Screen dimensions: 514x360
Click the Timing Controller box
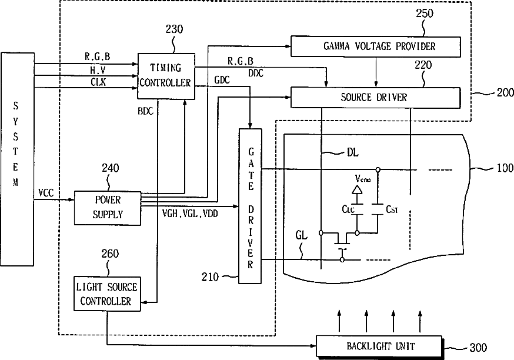[x=166, y=76]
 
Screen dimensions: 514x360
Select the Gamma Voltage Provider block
[x=376, y=46]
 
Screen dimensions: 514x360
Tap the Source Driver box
[x=376, y=98]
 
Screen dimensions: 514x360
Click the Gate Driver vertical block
[x=250, y=206]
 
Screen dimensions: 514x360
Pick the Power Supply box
[x=108, y=208]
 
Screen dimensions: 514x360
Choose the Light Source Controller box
[x=107, y=294]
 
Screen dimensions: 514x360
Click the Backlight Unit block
[x=379, y=346]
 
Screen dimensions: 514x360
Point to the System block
[x=18, y=159]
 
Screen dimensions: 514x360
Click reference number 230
[x=174, y=29]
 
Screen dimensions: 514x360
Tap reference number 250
[x=425, y=14]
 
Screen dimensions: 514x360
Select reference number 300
[x=478, y=348]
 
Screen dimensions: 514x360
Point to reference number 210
[x=210, y=278]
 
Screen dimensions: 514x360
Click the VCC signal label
[x=46, y=193]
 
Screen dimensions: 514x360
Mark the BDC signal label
[x=145, y=112]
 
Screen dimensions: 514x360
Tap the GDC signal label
[x=222, y=80]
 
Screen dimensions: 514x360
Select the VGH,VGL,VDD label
[x=190, y=214]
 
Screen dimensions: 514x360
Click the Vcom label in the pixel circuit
[x=362, y=178]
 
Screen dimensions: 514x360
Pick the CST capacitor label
[x=392, y=209]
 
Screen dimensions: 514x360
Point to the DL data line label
[x=352, y=152]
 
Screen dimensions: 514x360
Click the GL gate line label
[x=302, y=235]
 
